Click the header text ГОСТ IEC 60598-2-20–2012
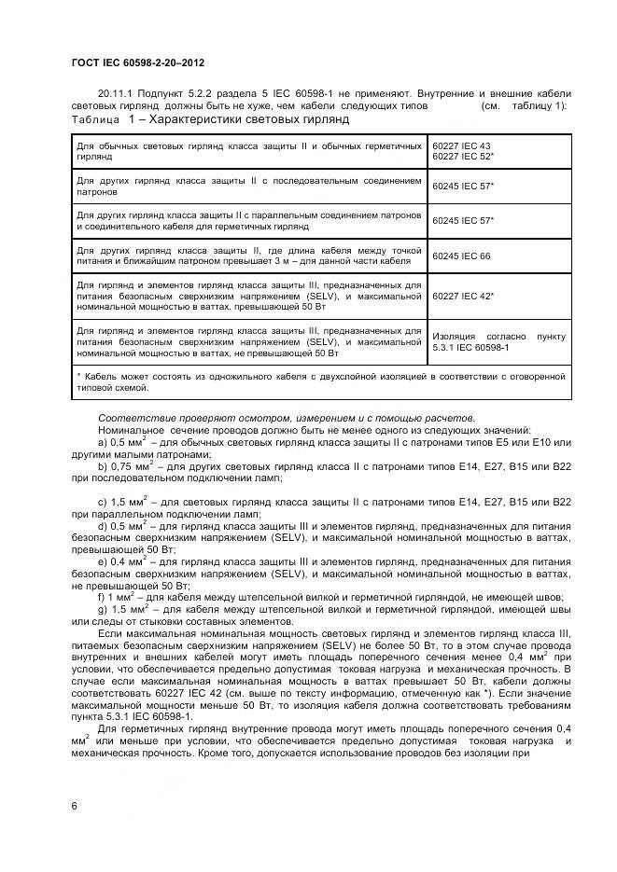click(x=137, y=62)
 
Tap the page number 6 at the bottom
click(x=75, y=804)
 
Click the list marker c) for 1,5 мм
click(x=103, y=502)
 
